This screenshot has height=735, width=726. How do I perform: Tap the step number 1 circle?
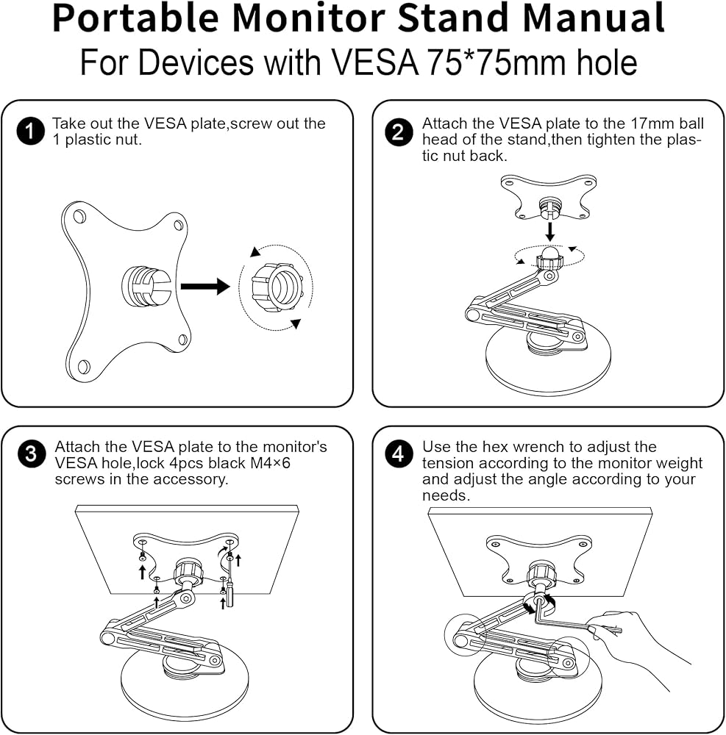[30, 132]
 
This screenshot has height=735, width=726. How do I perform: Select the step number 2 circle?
[398, 132]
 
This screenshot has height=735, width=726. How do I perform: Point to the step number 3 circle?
[30, 454]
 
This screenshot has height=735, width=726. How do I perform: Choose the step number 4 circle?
[398, 454]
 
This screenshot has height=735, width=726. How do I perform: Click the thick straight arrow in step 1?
[205, 286]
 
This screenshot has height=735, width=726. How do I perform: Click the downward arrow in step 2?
[549, 230]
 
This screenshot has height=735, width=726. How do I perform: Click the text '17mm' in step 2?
[652, 123]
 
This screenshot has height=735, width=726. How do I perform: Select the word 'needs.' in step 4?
[446, 495]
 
